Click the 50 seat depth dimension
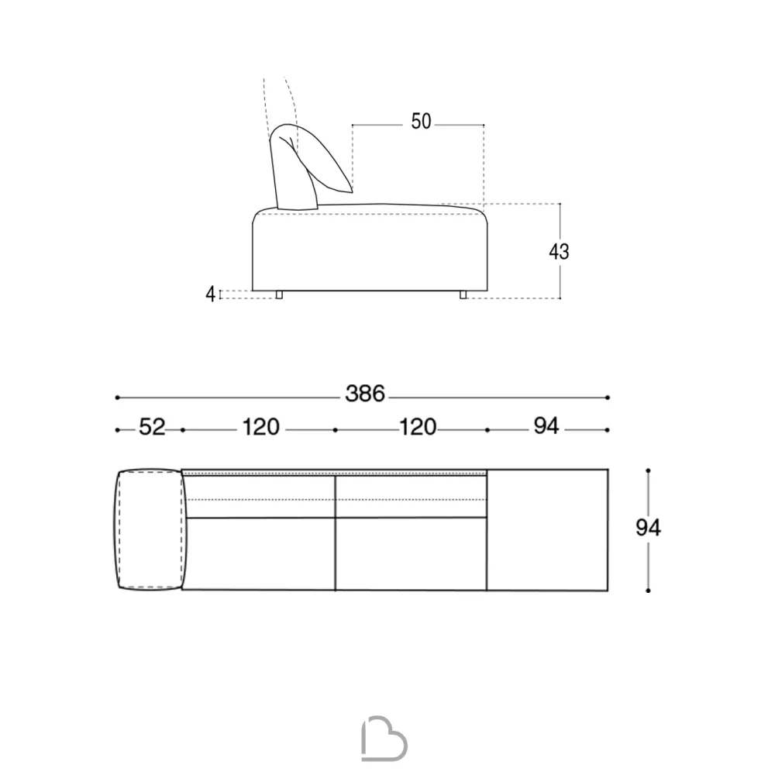[421, 122]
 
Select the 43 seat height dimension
[559, 252]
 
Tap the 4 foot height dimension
[211, 294]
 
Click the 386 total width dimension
[365, 394]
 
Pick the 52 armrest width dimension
[152, 427]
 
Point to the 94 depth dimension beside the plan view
[648, 528]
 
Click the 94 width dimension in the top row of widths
[546, 425]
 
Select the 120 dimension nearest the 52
[261, 427]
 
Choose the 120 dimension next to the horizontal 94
[418, 427]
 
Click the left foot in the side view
[279, 294]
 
